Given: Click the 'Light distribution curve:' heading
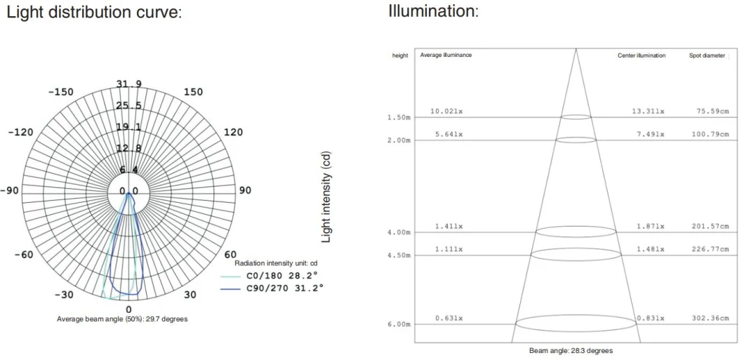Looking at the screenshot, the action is (x=94, y=13).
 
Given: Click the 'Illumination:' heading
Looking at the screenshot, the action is (x=433, y=11).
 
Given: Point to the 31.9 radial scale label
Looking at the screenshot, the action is (x=129, y=84).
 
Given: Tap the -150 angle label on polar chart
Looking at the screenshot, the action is (x=61, y=92).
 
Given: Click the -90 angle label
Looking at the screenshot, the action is (x=9, y=191).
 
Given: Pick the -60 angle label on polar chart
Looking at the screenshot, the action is (x=24, y=255).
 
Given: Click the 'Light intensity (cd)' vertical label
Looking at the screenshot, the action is (x=326, y=196).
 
